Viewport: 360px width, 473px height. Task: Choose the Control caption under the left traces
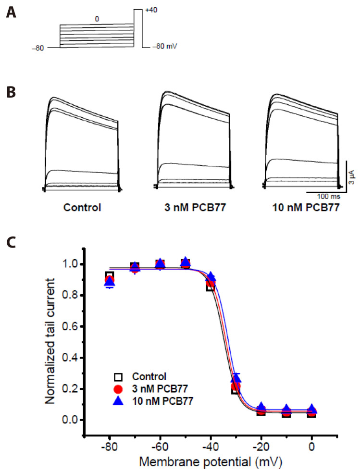coord(81,208)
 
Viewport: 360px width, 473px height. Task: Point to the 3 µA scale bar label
coord(352,172)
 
